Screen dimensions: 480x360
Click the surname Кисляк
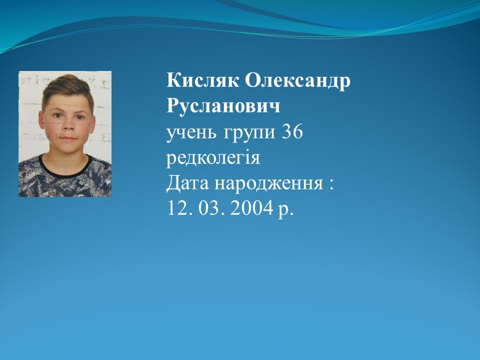click(x=202, y=81)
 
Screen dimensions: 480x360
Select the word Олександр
click(x=297, y=81)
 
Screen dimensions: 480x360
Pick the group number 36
click(x=292, y=132)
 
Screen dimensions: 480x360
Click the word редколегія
click(x=213, y=158)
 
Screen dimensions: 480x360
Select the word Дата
click(x=187, y=183)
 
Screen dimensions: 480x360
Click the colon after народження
click(x=330, y=184)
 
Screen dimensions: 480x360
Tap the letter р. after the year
click(x=285, y=210)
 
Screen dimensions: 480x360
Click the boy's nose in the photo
click(x=68, y=124)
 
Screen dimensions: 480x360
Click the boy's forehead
click(x=67, y=102)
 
